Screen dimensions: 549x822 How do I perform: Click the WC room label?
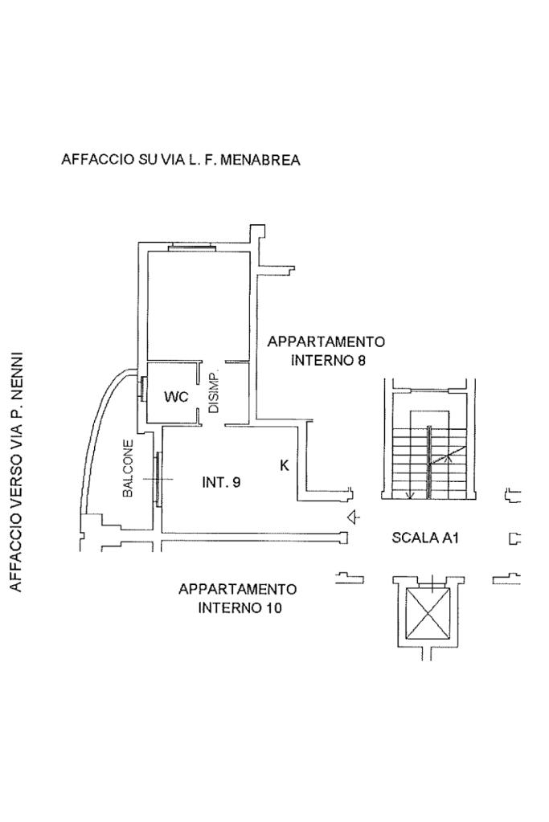point(176,396)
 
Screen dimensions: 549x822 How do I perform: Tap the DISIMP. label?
point(214,394)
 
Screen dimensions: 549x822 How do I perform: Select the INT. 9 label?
point(221,482)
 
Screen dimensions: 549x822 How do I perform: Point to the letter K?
point(285,465)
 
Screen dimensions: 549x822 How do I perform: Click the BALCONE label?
point(128,468)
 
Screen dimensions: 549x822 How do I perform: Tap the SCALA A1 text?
point(425,538)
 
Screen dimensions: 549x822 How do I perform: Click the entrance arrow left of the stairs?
point(354,517)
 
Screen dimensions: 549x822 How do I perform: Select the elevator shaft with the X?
point(428,613)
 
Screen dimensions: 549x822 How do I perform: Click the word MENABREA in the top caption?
point(260,159)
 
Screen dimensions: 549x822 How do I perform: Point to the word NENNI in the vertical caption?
point(17,374)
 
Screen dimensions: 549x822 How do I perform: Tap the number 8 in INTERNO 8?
point(361,361)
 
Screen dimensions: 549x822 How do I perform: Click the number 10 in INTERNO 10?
point(274,608)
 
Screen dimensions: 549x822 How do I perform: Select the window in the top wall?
point(191,247)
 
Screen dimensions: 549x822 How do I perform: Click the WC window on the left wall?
point(142,388)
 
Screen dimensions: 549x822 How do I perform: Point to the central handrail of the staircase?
point(429,462)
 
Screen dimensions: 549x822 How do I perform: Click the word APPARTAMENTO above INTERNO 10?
point(238,589)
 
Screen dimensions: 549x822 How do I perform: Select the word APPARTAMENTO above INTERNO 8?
point(326,341)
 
